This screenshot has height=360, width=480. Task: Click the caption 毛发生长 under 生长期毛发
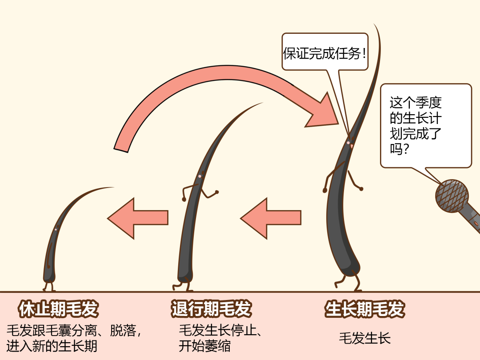tap(364, 338)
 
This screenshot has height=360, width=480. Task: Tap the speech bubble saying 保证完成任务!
tap(325, 53)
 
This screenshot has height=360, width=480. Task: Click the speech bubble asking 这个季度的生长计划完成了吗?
tap(425, 125)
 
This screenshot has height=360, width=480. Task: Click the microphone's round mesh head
tap(452, 196)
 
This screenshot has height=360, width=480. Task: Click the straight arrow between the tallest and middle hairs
tap(271, 218)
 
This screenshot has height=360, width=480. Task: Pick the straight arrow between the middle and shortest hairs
tap(138, 218)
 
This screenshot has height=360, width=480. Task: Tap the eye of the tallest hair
tap(348, 143)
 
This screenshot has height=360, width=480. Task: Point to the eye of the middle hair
tap(200, 176)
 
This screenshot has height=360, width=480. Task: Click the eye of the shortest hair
tap(56, 229)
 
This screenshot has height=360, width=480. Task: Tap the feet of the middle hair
tap(182, 284)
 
